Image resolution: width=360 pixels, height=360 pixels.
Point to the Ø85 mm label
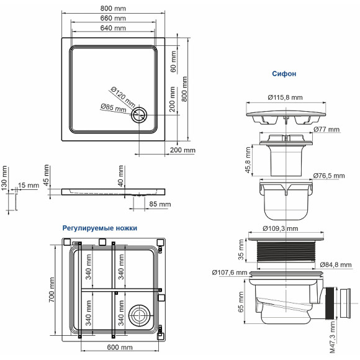(113, 108)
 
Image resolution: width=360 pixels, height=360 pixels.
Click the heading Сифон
(284, 73)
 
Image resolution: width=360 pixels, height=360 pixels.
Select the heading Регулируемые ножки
(99, 228)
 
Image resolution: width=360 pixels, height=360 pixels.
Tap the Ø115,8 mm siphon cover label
(285, 97)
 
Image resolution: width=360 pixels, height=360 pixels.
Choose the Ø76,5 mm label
(329, 176)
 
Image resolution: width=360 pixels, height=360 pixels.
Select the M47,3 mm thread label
(332, 336)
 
